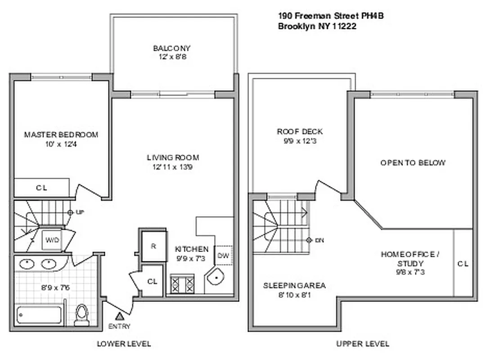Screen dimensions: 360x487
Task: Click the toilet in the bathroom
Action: [x=82, y=314]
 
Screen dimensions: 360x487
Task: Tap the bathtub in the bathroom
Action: [x=39, y=315]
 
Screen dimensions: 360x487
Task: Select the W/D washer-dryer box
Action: [x=51, y=240]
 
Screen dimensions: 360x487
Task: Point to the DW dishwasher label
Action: [x=223, y=256]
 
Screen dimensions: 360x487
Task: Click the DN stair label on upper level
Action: [x=319, y=240]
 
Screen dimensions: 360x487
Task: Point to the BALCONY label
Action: [x=171, y=48]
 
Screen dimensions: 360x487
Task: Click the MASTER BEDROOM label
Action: [x=61, y=135]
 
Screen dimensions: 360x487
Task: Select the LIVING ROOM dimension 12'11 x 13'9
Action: [x=172, y=167]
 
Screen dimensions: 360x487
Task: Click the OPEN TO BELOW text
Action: [x=413, y=162]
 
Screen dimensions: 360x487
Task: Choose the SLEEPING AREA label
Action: [x=294, y=286]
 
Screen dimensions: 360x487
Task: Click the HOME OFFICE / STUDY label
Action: [x=410, y=258]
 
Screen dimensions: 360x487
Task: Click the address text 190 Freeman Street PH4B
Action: [x=331, y=16]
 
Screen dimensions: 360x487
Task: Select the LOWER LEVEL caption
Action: [x=124, y=344]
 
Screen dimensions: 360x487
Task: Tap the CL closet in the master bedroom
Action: [x=41, y=188]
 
